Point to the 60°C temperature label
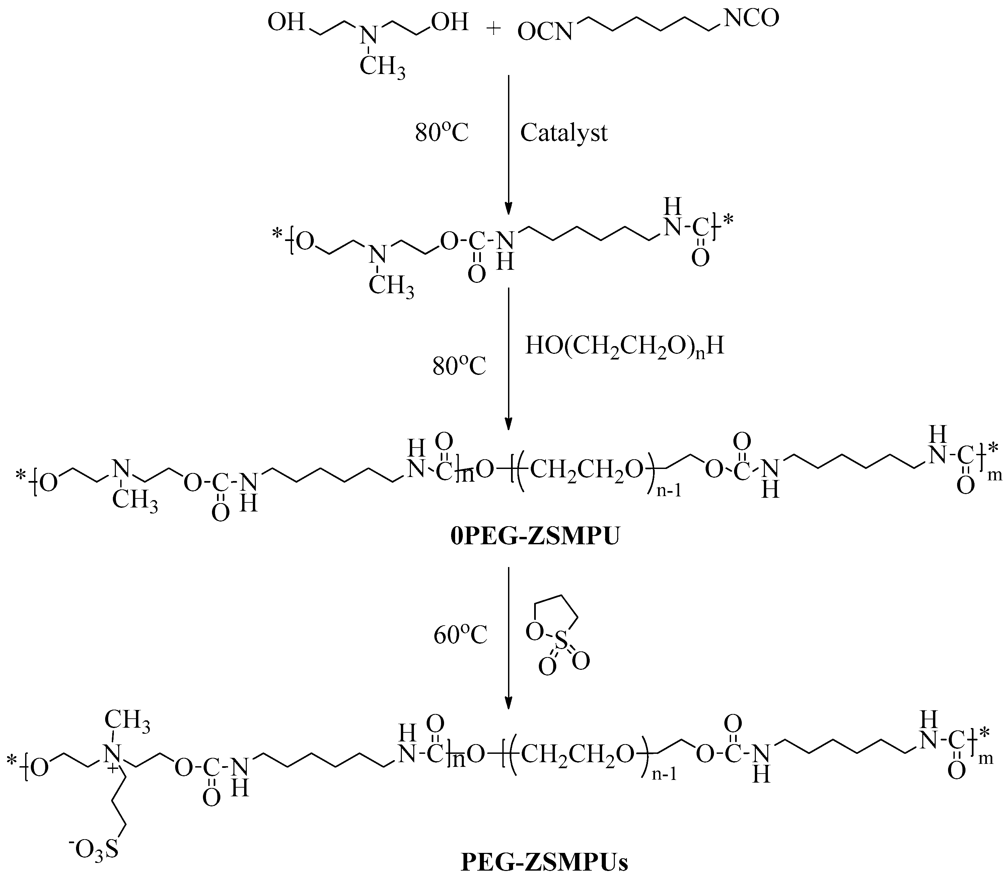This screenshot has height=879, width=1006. [x=460, y=636]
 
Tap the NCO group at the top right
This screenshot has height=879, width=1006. [x=751, y=19]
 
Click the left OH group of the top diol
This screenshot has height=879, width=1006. [x=286, y=22]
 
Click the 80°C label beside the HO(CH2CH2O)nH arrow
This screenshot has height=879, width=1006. [x=459, y=366]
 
